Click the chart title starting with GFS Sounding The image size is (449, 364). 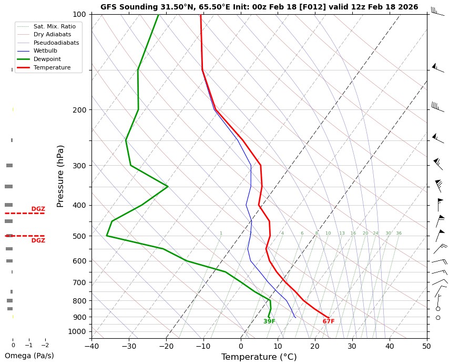259,7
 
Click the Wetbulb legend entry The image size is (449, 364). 45,51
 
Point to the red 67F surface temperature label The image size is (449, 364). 329,321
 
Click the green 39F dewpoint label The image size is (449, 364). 269,321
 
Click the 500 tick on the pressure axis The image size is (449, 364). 79,236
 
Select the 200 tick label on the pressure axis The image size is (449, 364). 79,110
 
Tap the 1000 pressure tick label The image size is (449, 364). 77,331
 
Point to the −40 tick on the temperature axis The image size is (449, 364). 91,346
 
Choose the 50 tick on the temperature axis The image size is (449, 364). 426,346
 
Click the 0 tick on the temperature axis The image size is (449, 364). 241,346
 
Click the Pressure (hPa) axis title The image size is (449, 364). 60,176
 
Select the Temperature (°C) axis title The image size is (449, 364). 259,357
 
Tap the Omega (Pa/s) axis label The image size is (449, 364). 29,356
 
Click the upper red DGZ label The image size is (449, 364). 38,209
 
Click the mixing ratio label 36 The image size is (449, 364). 399,234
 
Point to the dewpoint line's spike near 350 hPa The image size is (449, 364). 167,186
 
